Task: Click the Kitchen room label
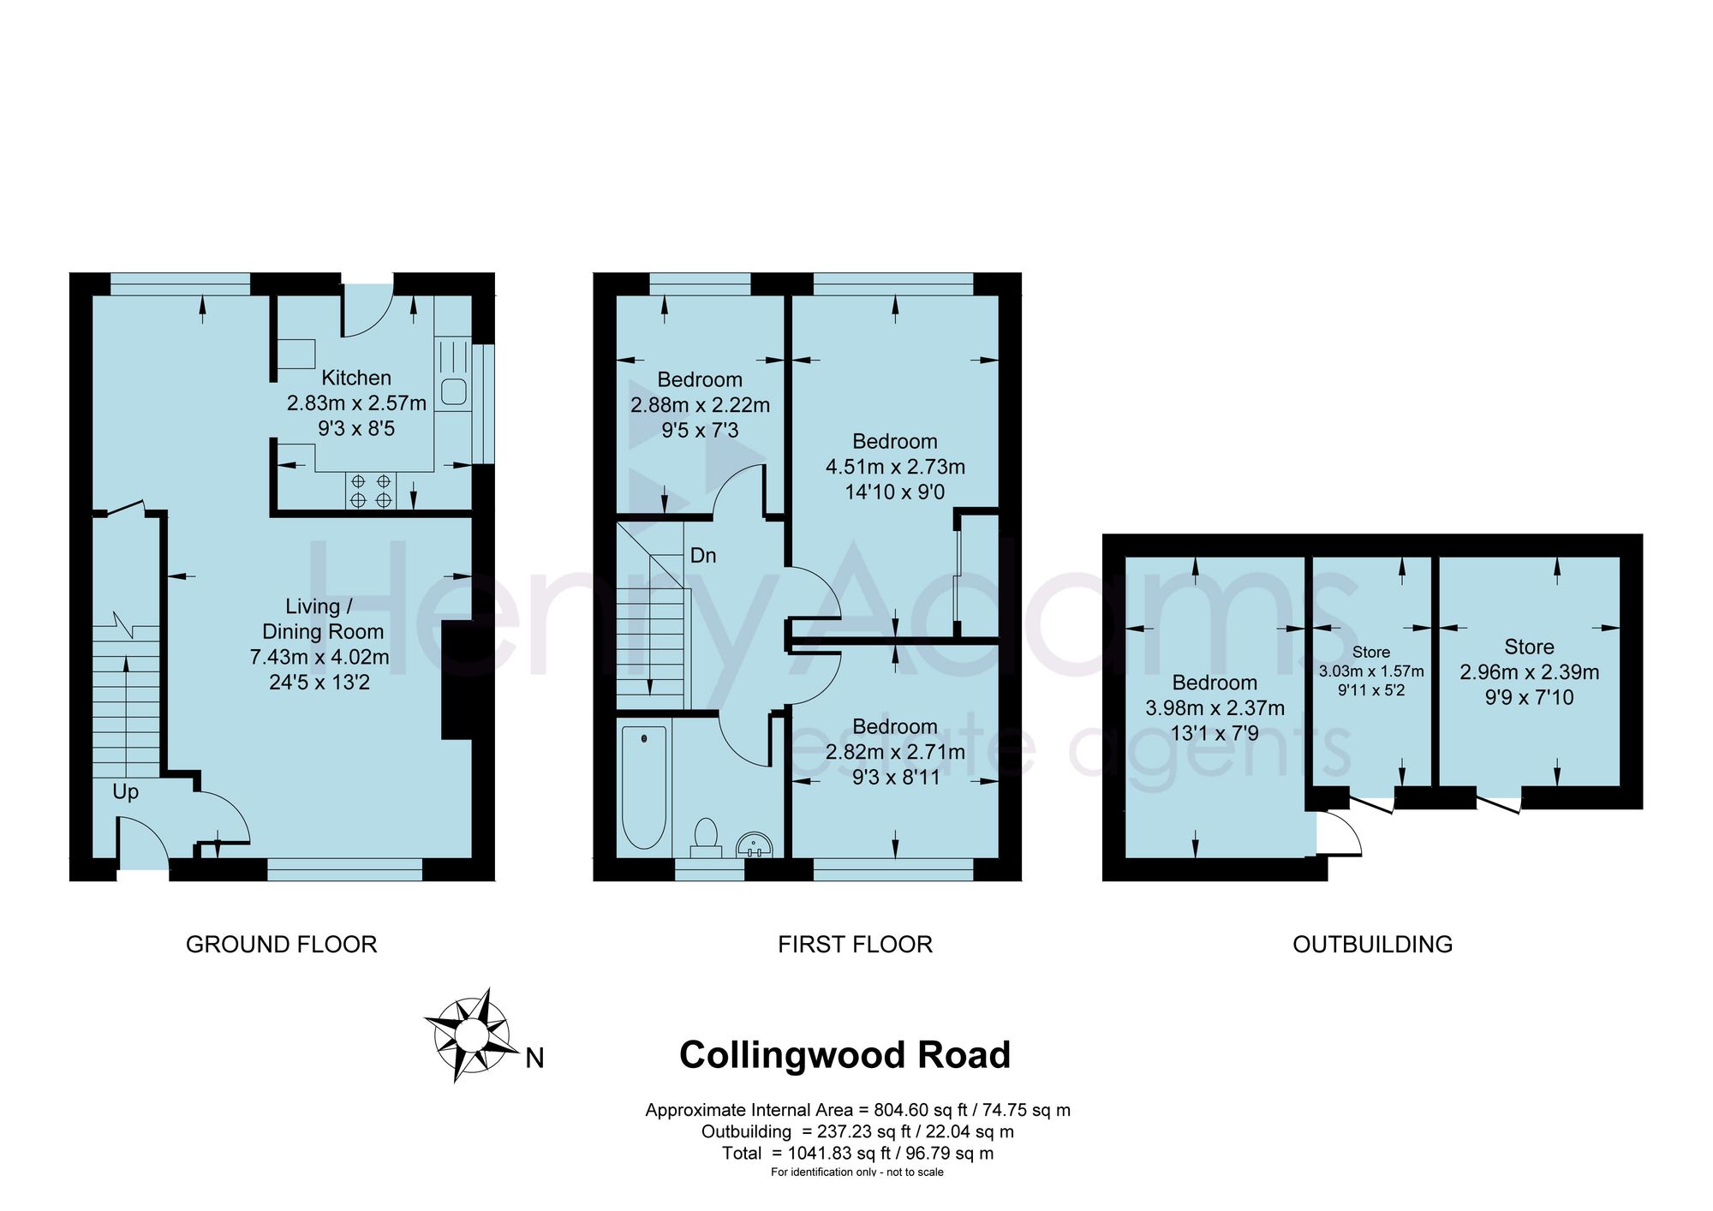coord(356,378)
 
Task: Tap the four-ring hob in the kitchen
coord(371,491)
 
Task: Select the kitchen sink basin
coord(453,392)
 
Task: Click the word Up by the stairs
coord(125,792)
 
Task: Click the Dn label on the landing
coord(703,556)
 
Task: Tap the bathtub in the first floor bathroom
coord(643,787)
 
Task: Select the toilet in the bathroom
coord(706,836)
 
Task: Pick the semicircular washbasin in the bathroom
coord(755,844)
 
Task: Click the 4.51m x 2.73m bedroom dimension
coord(895,467)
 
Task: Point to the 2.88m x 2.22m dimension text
coord(701,405)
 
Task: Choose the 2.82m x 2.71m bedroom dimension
coord(895,752)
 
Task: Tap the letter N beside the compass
coord(534,1059)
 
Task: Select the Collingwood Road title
coord(845,1055)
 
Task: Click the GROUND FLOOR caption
coord(282,945)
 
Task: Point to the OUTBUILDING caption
coord(1373,945)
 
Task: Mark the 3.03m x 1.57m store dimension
coord(1371,671)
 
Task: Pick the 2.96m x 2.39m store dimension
coord(1530,672)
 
